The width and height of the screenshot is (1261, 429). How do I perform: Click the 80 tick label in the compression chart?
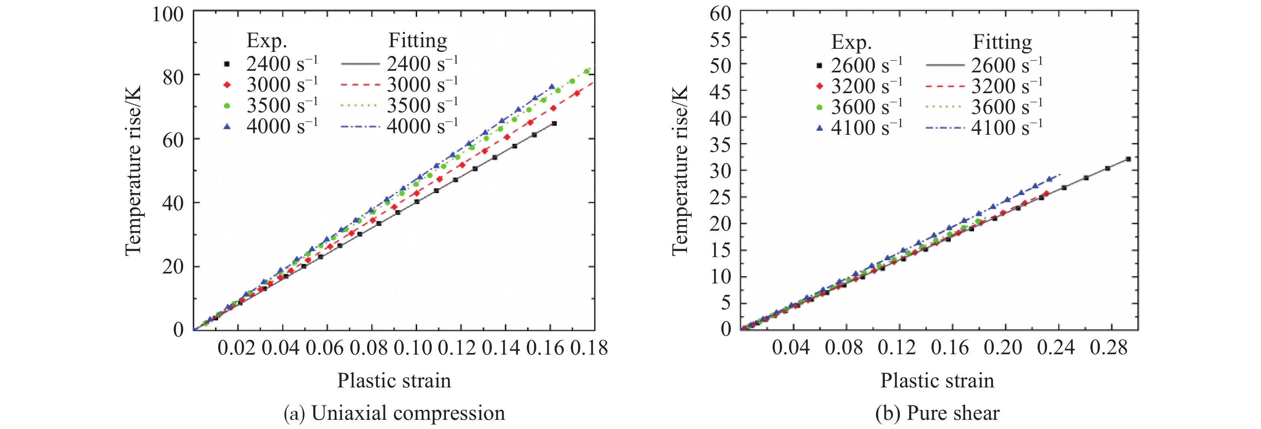[x=173, y=77]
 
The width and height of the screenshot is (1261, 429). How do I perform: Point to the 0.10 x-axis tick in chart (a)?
[x=412, y=348]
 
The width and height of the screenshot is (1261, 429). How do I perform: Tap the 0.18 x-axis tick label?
[x=589, y=348]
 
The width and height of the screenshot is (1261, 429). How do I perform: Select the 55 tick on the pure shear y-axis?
[x=721, y=39]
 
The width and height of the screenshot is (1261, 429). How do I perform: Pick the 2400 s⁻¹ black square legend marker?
[x=227, y=64]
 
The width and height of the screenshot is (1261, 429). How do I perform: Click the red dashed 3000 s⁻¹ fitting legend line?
[x=360, y=85]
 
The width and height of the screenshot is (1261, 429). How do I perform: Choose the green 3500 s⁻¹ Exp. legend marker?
[x=227, y=106]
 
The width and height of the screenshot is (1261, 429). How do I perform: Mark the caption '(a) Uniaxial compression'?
[x=394, y=413]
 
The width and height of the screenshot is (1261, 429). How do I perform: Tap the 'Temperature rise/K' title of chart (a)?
[x=133, y=170]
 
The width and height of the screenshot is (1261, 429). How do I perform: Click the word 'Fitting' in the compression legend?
[x=418, y=41]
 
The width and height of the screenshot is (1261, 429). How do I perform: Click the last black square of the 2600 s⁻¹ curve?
[x=1128, y=159]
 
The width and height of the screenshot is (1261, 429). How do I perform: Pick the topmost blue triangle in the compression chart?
[x=552, y=87]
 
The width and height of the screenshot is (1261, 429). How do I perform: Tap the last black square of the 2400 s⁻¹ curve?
[x=554, y=123]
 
